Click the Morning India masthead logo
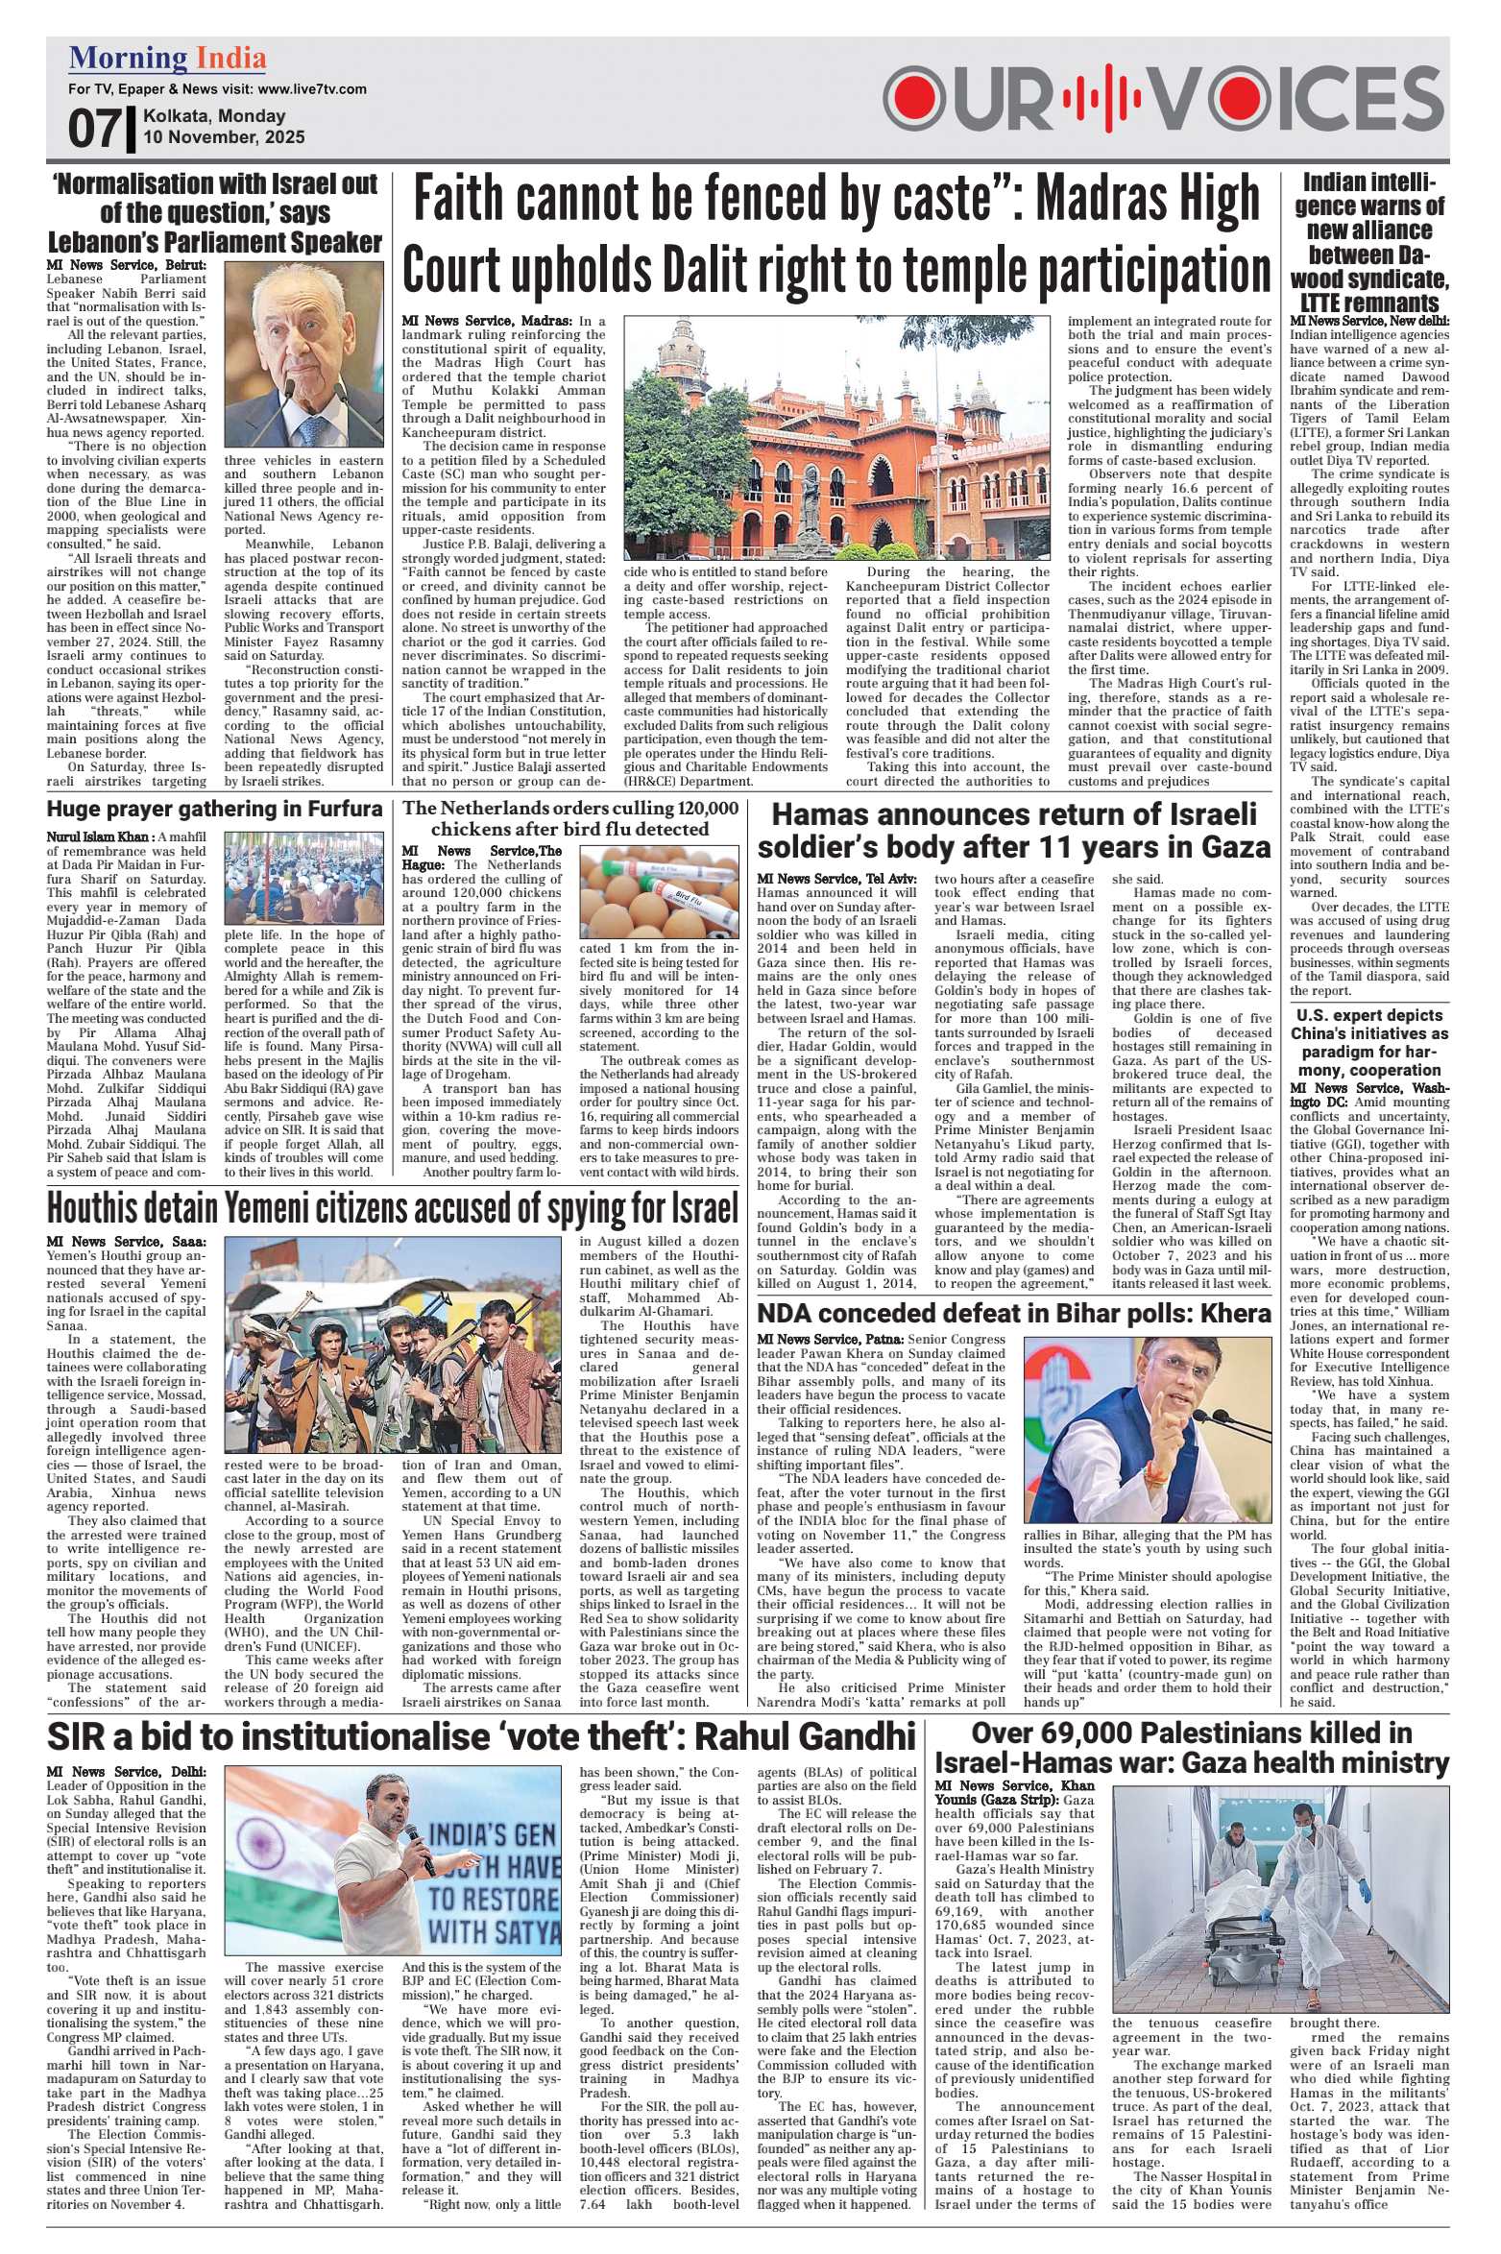click(x=167, y=60)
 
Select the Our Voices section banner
click(x=1164, y=98)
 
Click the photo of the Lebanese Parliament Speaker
click(x=303, y=354)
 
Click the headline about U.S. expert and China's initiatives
click(x=1368, y=1042)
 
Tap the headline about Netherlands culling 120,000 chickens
click(x=571, y=817)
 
